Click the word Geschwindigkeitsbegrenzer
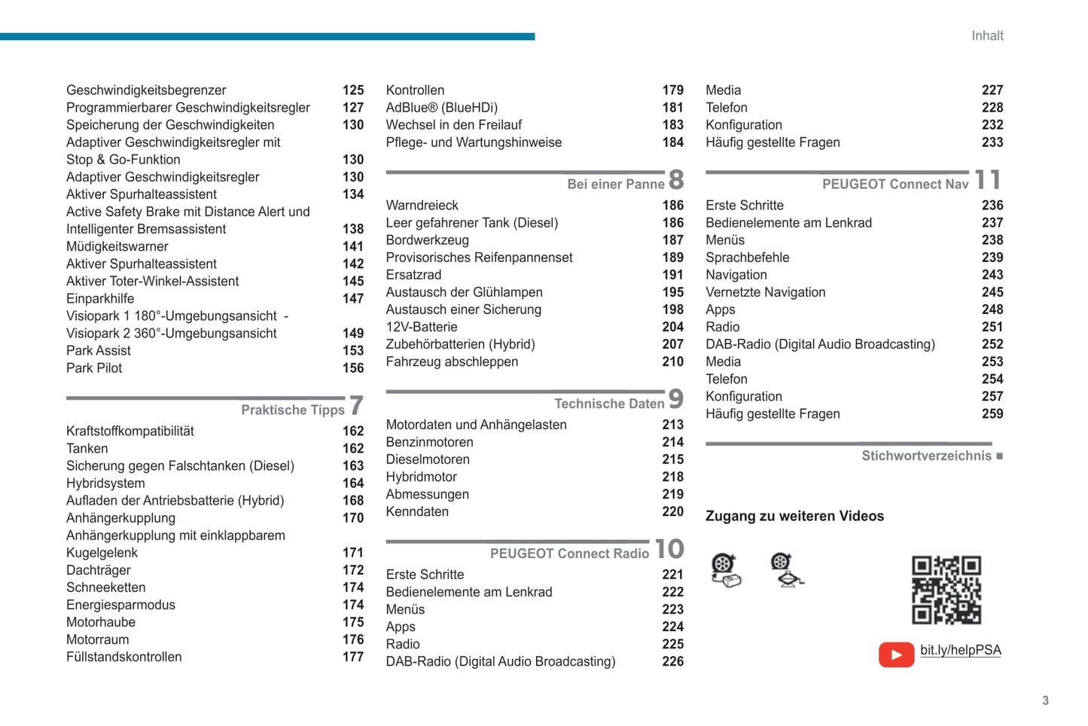146,90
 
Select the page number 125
353,90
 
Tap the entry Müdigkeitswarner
117,246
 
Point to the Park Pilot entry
94,368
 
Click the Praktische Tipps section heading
292,410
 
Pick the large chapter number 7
357,406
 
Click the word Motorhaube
101,622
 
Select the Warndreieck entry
422,206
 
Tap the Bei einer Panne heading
615,185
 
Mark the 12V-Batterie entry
422,327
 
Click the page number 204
672,327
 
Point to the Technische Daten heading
609,404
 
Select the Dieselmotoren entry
428,459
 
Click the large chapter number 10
669,549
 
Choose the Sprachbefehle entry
747,258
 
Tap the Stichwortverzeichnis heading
926,456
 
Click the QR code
946,590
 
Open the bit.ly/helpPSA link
960,650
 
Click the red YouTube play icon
896,654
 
